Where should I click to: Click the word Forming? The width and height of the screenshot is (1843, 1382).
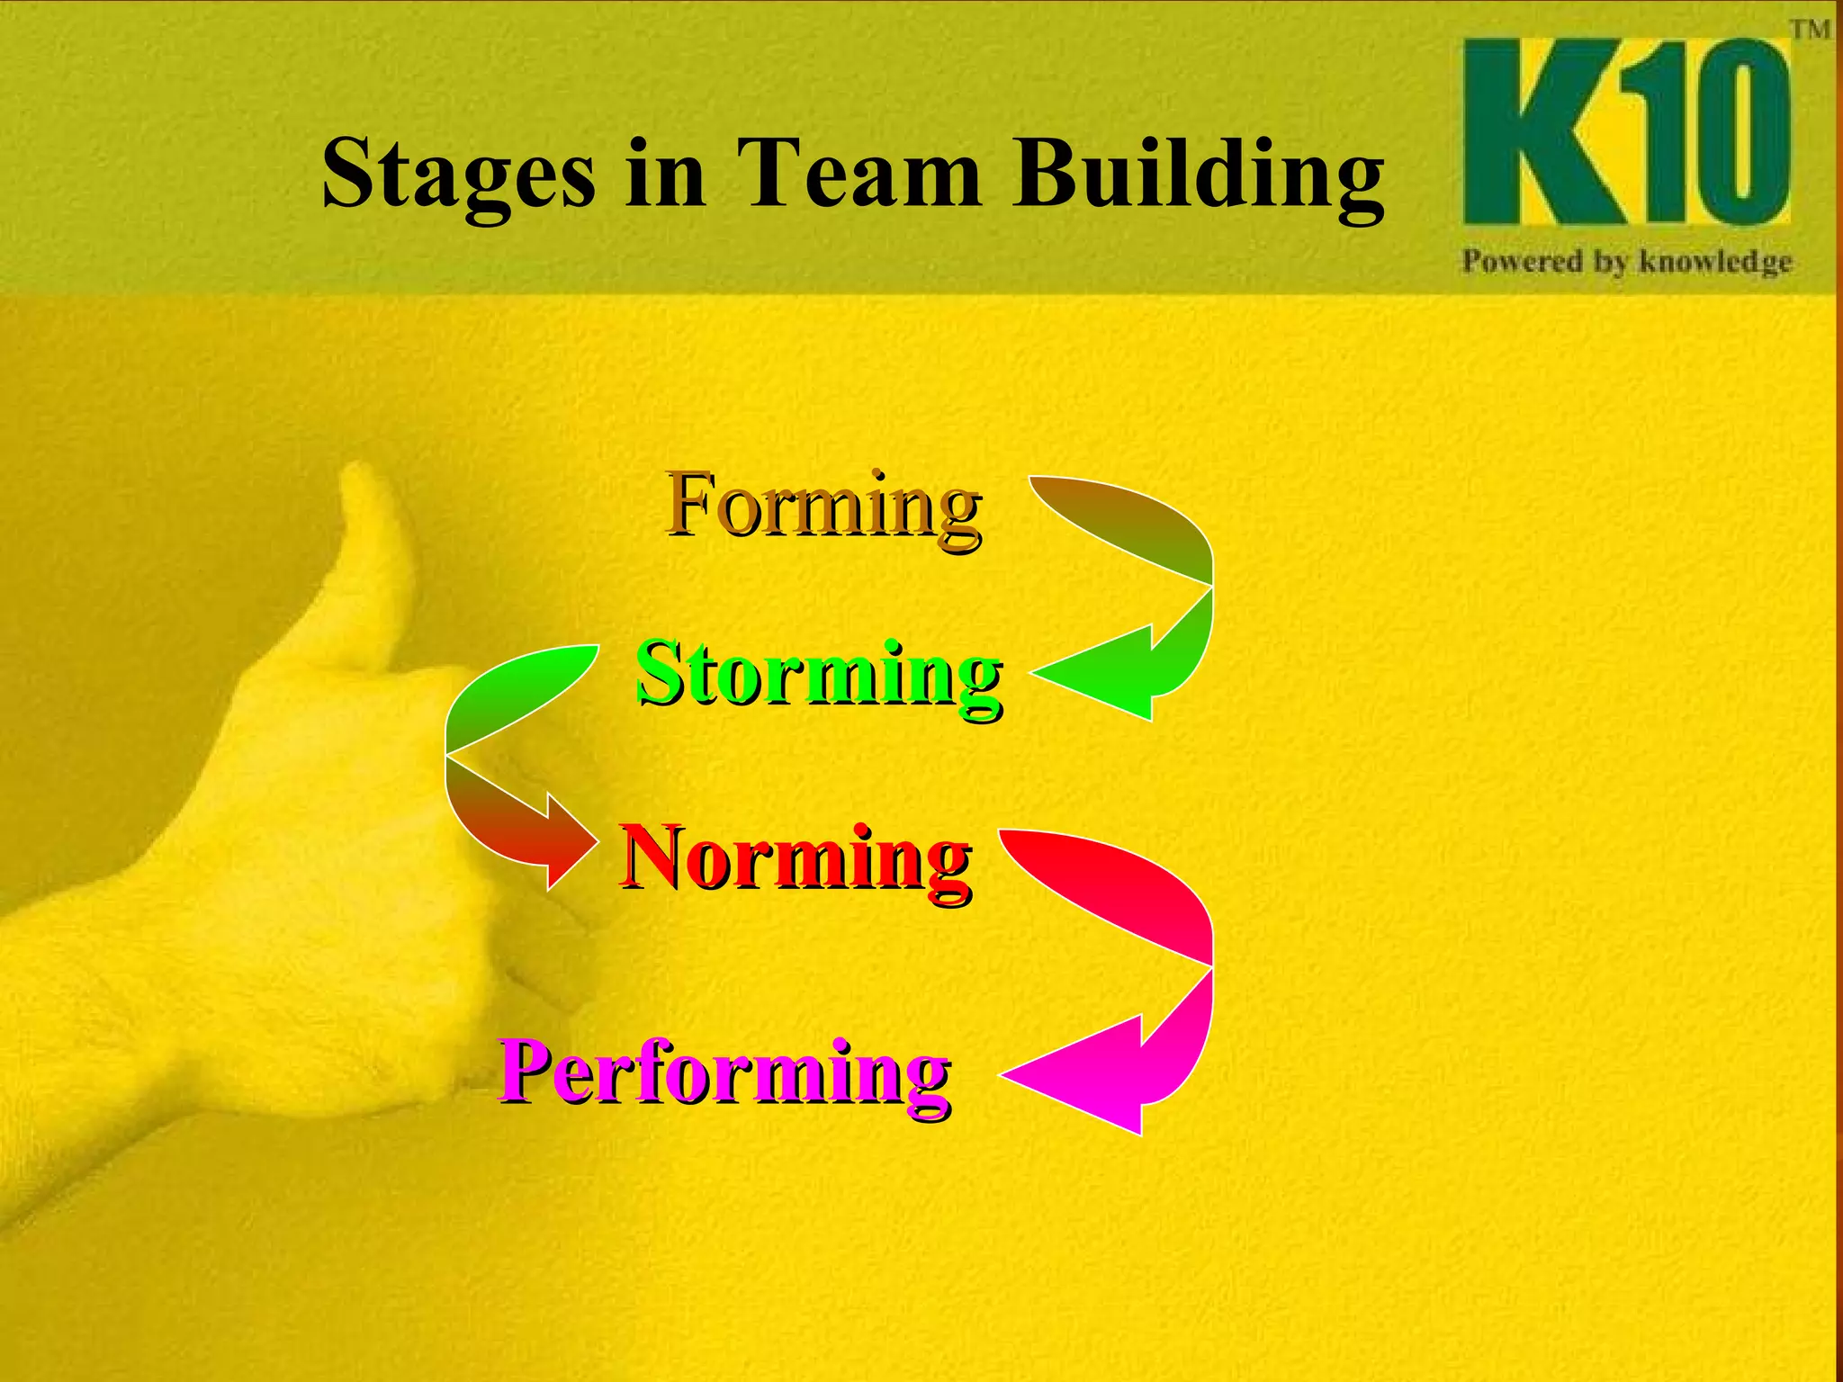[x=823, y=507]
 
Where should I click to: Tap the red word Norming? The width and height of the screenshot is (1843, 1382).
[x=796, y=858]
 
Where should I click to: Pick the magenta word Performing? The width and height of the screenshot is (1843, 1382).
[x=725, y=1073]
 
